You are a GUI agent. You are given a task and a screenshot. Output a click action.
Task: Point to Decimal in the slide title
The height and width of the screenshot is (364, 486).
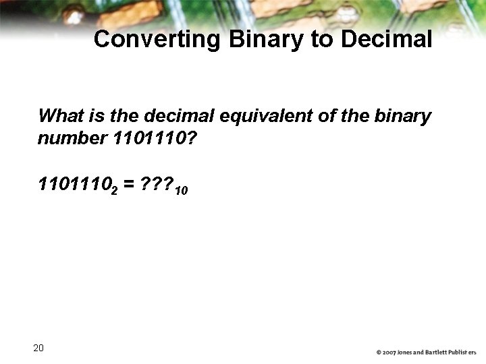pyautogui.click(x=386, y=39)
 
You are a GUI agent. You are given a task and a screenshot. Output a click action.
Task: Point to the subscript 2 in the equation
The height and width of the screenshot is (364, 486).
pyautogui.click(x=114, y=191)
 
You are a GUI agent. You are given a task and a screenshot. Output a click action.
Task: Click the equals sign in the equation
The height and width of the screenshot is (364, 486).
pyautogui.click(x=128, y=185)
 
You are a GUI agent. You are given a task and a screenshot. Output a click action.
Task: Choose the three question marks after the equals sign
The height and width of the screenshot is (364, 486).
pyautogui.click(x=155, y=184)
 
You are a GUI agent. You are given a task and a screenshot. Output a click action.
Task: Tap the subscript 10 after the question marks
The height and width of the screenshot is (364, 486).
pyautogui.click(x=181, y=191)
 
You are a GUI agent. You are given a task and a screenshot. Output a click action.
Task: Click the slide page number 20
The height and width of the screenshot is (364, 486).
pyautogui.click(x=38, y=348)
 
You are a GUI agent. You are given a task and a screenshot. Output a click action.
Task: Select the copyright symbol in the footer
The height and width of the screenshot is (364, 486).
pyautogui.click(x=379, y=353)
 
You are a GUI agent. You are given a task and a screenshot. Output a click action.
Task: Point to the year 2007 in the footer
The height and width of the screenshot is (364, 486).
pyautogui.click(x=389, y=353)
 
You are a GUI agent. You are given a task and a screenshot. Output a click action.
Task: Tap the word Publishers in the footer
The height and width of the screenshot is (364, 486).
pyautogui.click(x=464, y=353)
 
